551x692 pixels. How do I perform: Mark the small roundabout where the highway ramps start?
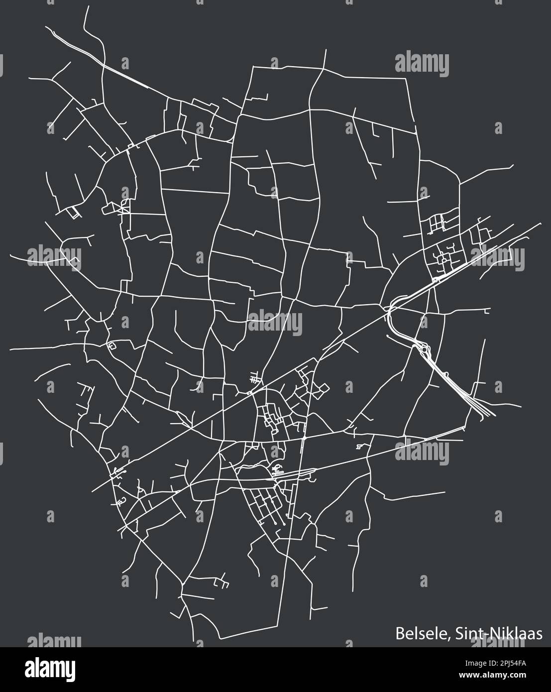coord(436,280)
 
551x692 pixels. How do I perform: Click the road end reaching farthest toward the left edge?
coord(9,348)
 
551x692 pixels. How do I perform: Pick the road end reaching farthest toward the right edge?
coord(541,223)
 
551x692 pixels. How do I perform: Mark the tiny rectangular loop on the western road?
coord(110,345)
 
